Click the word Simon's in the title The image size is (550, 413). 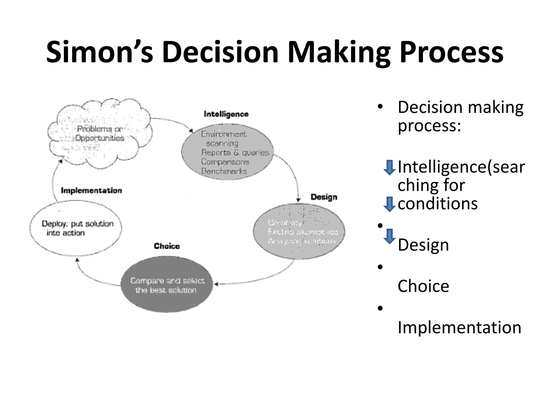[100, 52]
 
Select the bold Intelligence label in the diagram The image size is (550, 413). [226, 114]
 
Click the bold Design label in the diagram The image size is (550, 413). [324, 197]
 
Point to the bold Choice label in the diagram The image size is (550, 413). [167, 246]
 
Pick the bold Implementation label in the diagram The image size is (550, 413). [91, 191]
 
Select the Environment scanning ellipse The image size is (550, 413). [227, 152]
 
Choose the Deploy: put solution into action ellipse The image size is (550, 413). [75, 228]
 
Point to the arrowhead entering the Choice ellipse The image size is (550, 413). [216, 284]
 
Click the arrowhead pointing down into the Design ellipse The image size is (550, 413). [298, 200]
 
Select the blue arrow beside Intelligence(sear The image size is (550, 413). [389, 168]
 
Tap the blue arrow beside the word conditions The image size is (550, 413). [389, 204]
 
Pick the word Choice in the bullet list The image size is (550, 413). [423, 286]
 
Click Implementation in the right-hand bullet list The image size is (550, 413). [459, 327]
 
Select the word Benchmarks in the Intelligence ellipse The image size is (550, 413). [224, 171]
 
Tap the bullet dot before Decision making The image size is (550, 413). [380, 106]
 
